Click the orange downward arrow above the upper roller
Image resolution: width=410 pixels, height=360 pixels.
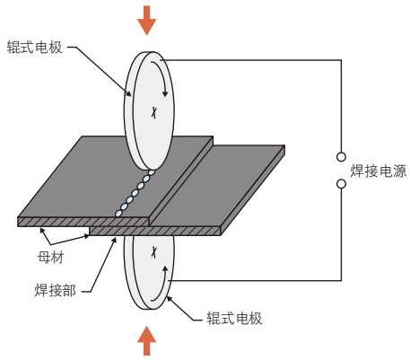coord(146,21)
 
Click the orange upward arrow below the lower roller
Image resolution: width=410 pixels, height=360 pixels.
coord(146,340)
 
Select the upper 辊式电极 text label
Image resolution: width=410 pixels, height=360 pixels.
coord(35,48)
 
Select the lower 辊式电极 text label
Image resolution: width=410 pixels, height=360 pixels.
coord(234,318)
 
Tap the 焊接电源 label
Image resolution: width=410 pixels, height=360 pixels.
coord(379,171)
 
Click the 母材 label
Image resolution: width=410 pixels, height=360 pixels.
coord(50,257)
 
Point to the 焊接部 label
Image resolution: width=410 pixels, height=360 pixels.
coord(56,290)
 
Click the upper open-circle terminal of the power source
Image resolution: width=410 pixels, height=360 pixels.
coord(341,157)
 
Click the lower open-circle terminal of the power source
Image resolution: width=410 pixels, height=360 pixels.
coord(341,184)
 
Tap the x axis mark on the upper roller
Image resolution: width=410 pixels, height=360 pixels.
coord(153,112)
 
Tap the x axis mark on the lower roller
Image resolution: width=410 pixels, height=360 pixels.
coord(153,252)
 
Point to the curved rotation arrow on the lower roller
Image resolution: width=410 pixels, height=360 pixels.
coord(163,285)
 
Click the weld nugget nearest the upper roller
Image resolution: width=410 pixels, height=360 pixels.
coord(152,172)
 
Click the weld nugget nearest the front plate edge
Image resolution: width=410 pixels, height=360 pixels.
coord(118,213)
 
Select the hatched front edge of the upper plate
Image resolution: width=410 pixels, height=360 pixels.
coord(83,222)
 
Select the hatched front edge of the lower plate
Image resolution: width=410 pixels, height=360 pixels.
coord(155,231)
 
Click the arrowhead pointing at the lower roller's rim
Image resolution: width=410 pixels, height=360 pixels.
coord(170,299)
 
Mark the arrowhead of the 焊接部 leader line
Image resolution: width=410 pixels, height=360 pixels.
coord(114,241)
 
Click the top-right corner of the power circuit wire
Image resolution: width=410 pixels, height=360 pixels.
coord(341,60)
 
